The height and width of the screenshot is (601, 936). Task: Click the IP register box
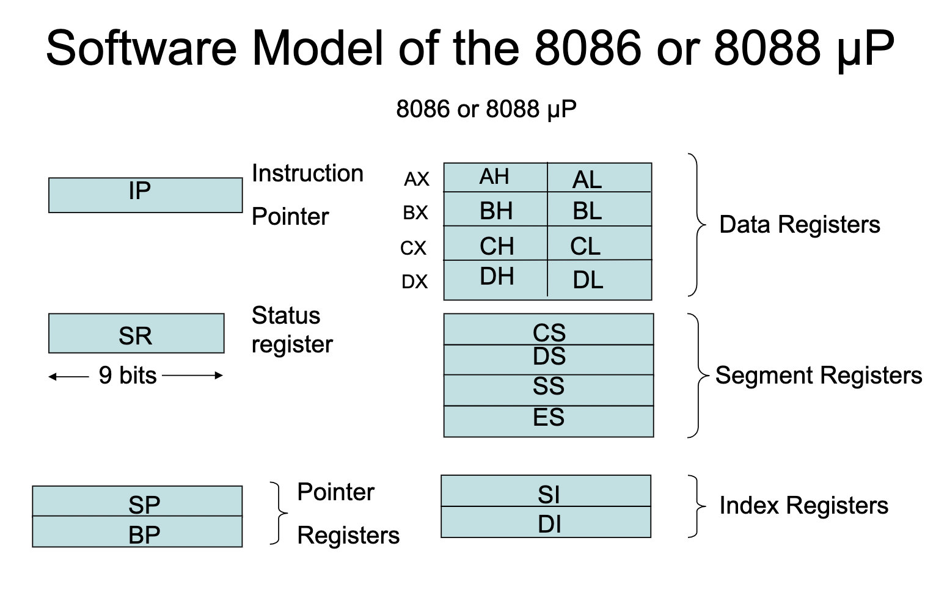(x=145, y=195)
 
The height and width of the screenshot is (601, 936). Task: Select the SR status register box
(x=136, y=333)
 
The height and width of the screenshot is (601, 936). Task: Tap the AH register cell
(x=495, y=177)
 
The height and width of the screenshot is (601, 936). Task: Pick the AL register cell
(x=599, y=178)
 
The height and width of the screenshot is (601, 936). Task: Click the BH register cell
(x=495, y=210)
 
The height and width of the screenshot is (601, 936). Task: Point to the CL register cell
(x=599, y=244)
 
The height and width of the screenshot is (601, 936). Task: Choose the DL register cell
(x=599, y=280)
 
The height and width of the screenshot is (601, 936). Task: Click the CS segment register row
(x=548, y=330)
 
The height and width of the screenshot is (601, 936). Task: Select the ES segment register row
(x=548, y=420)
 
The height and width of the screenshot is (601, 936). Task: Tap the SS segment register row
(x=548, y=388)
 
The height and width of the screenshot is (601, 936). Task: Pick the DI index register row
(x=546, y=523)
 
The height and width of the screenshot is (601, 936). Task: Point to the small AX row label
(x=417, y=180)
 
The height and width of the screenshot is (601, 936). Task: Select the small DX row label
(x=415, y=282)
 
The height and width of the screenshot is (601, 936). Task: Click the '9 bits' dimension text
(x=128, y=376)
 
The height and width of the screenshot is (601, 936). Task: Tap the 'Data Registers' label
(x=799, y=225)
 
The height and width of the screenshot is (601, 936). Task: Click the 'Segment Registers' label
(x=818, y=375)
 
